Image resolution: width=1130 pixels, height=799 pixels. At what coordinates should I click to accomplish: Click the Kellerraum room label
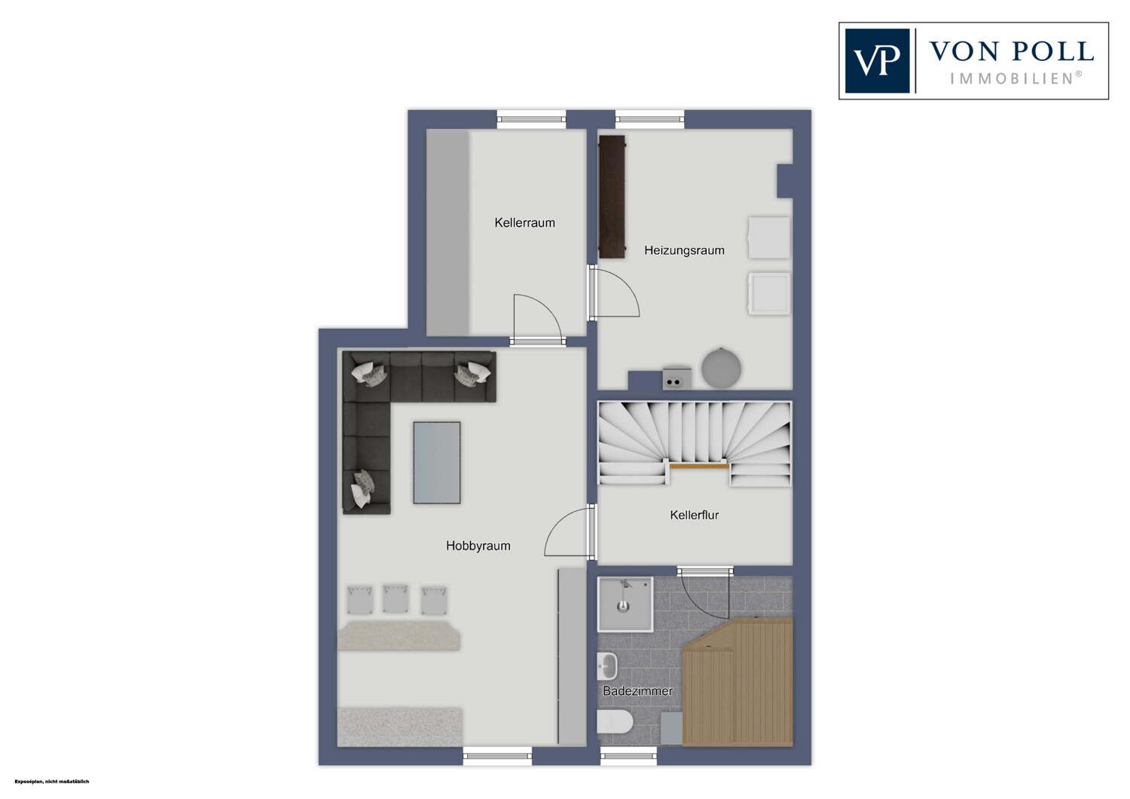(524, 222)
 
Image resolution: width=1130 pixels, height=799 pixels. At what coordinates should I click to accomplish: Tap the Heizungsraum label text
(684, 250)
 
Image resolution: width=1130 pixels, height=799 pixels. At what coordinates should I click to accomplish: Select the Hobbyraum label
(478, 546)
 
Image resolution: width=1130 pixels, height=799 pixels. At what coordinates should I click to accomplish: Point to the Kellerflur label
(694, 515)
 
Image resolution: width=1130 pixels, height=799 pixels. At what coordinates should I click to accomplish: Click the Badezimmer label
(637, 691)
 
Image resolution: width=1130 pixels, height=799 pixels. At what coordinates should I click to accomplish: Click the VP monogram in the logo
(878, 60)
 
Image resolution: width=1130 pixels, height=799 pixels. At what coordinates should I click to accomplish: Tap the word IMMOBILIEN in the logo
(1013, 78)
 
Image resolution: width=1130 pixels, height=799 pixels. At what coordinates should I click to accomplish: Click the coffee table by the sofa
(437, 463)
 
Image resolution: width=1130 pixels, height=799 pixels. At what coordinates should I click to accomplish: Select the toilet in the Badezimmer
(615, 722)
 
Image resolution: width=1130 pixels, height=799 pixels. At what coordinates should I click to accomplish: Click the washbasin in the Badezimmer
(607, 666)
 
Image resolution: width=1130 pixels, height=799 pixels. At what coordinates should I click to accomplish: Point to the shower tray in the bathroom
(625, 605)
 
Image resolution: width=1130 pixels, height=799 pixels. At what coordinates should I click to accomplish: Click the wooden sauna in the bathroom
(738, 682)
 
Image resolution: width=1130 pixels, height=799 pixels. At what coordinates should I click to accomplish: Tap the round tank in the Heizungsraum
(722, 368)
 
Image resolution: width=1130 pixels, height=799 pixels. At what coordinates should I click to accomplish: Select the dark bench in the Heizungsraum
(612, 197)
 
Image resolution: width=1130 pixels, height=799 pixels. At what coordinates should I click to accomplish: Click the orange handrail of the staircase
(699, 467)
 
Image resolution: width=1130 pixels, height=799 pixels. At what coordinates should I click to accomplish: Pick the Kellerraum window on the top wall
(531, 120)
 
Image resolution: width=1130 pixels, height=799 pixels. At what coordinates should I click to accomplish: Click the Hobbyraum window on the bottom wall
(497, 755)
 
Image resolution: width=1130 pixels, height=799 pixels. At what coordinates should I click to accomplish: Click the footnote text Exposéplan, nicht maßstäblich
(52, 782)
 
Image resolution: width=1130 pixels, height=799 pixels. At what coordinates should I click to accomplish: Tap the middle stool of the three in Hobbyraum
(395, 598)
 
